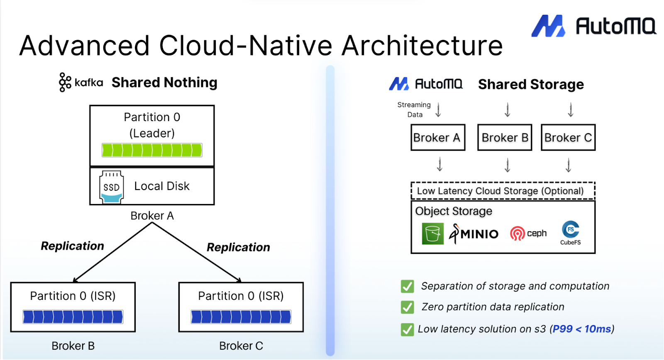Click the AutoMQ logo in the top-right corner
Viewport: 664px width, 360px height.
click(593, 26)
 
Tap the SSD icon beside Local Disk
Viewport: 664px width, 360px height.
click(111, 187)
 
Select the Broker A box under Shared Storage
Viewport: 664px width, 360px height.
click(438, 138)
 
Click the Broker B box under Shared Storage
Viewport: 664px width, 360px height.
click(505, 138)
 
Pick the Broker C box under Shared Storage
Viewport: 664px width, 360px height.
click(568, 138)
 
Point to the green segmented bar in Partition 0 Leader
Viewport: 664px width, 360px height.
click(152, 150)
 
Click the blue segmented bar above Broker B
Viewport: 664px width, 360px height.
click(73, 317)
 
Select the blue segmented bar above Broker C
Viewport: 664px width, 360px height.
click(241, 317)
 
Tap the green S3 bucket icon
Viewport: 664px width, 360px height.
click(432, 234)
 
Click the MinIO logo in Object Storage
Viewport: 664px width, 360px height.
click(474, 234)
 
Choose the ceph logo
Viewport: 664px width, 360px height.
click(528, 234)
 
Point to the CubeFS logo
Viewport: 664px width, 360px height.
click(571, 232)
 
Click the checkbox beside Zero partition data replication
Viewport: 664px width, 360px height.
click(407, 307)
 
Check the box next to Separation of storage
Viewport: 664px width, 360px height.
click(407, 287)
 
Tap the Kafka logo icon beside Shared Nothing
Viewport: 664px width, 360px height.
click(65, 82)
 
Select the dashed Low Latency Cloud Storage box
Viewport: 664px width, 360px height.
click(503, 191)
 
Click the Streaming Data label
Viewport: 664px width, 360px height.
click(414, 110)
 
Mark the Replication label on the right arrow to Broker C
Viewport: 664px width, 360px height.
click(238, 247)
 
